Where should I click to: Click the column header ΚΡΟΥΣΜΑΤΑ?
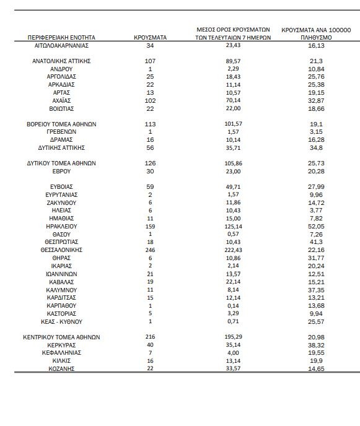[x=150, y=38]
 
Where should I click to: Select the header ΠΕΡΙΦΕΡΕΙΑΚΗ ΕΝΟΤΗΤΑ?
[x=61, y=38]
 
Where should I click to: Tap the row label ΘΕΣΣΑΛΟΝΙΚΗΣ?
[x=61, y=250]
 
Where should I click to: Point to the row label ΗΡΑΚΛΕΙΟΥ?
[x=61, y=227]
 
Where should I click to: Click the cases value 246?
[x=150, y=250]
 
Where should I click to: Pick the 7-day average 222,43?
[x=234, y=250]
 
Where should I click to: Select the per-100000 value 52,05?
[x=316, y=227]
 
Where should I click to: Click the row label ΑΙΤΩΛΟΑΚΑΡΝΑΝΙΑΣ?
[x=61, y=45]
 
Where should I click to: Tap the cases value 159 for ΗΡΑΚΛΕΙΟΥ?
[x=150, y=227]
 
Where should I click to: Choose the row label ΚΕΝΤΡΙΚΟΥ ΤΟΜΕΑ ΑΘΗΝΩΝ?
[x=61, y=337]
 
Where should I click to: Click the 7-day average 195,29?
[x=234, y=337]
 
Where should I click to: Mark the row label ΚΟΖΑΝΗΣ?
[x=61, y=368]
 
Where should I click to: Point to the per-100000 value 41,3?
[x=316, y=242]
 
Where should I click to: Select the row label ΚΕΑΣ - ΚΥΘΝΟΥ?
[x=61, y=322]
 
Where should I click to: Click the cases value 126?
[x=150, y=163]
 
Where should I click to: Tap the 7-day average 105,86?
[x=234, y=163]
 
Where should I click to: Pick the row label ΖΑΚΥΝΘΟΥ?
[x=61, y=202]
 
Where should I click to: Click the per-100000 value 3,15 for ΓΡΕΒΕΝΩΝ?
[x=316, y=132]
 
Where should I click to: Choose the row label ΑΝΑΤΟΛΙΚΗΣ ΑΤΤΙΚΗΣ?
[x=61, y=61]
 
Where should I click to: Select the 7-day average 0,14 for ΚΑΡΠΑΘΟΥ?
[x=234, y=306]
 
